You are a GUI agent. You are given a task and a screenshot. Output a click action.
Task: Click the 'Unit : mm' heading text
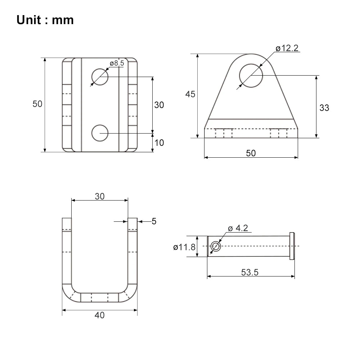click(x=45, y=20)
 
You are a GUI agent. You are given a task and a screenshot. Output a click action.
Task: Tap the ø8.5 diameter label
click(x=117, y=63)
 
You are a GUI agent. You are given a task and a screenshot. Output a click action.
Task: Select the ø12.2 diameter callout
click(x=287, y=48)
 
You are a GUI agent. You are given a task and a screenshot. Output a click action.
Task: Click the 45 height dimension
click(x=190, y=94)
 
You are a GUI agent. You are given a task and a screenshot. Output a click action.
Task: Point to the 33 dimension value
click(x=324, y=108)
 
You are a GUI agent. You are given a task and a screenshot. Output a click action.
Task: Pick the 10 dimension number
click(x=159, y=143)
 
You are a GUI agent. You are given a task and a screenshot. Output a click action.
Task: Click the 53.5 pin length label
click(x=250, y=272)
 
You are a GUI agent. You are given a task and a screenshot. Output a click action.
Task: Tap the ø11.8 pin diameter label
click(x=184, y=247)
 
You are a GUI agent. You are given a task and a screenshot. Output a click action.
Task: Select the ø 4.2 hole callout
click(x=238, y=228)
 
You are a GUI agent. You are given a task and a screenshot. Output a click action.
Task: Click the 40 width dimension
click(x=100, y=315)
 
